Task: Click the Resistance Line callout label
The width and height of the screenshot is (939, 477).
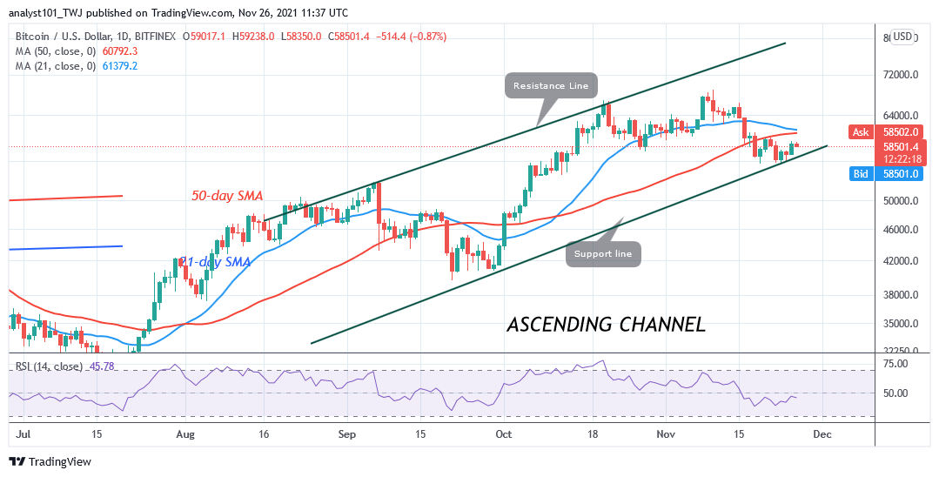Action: pos(549,85)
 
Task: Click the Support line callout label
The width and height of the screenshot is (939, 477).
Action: pos(604,254)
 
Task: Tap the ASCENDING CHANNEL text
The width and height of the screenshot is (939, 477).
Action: pos(606,325)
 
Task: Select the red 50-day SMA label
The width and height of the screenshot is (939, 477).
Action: pos(227,197)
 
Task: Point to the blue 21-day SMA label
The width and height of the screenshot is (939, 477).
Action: pos(215,262)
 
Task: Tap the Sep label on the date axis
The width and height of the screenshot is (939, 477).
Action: pos(347,432)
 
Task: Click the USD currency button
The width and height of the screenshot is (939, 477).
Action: pos(902,37)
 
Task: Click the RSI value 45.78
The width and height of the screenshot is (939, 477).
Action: pos(104,366)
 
